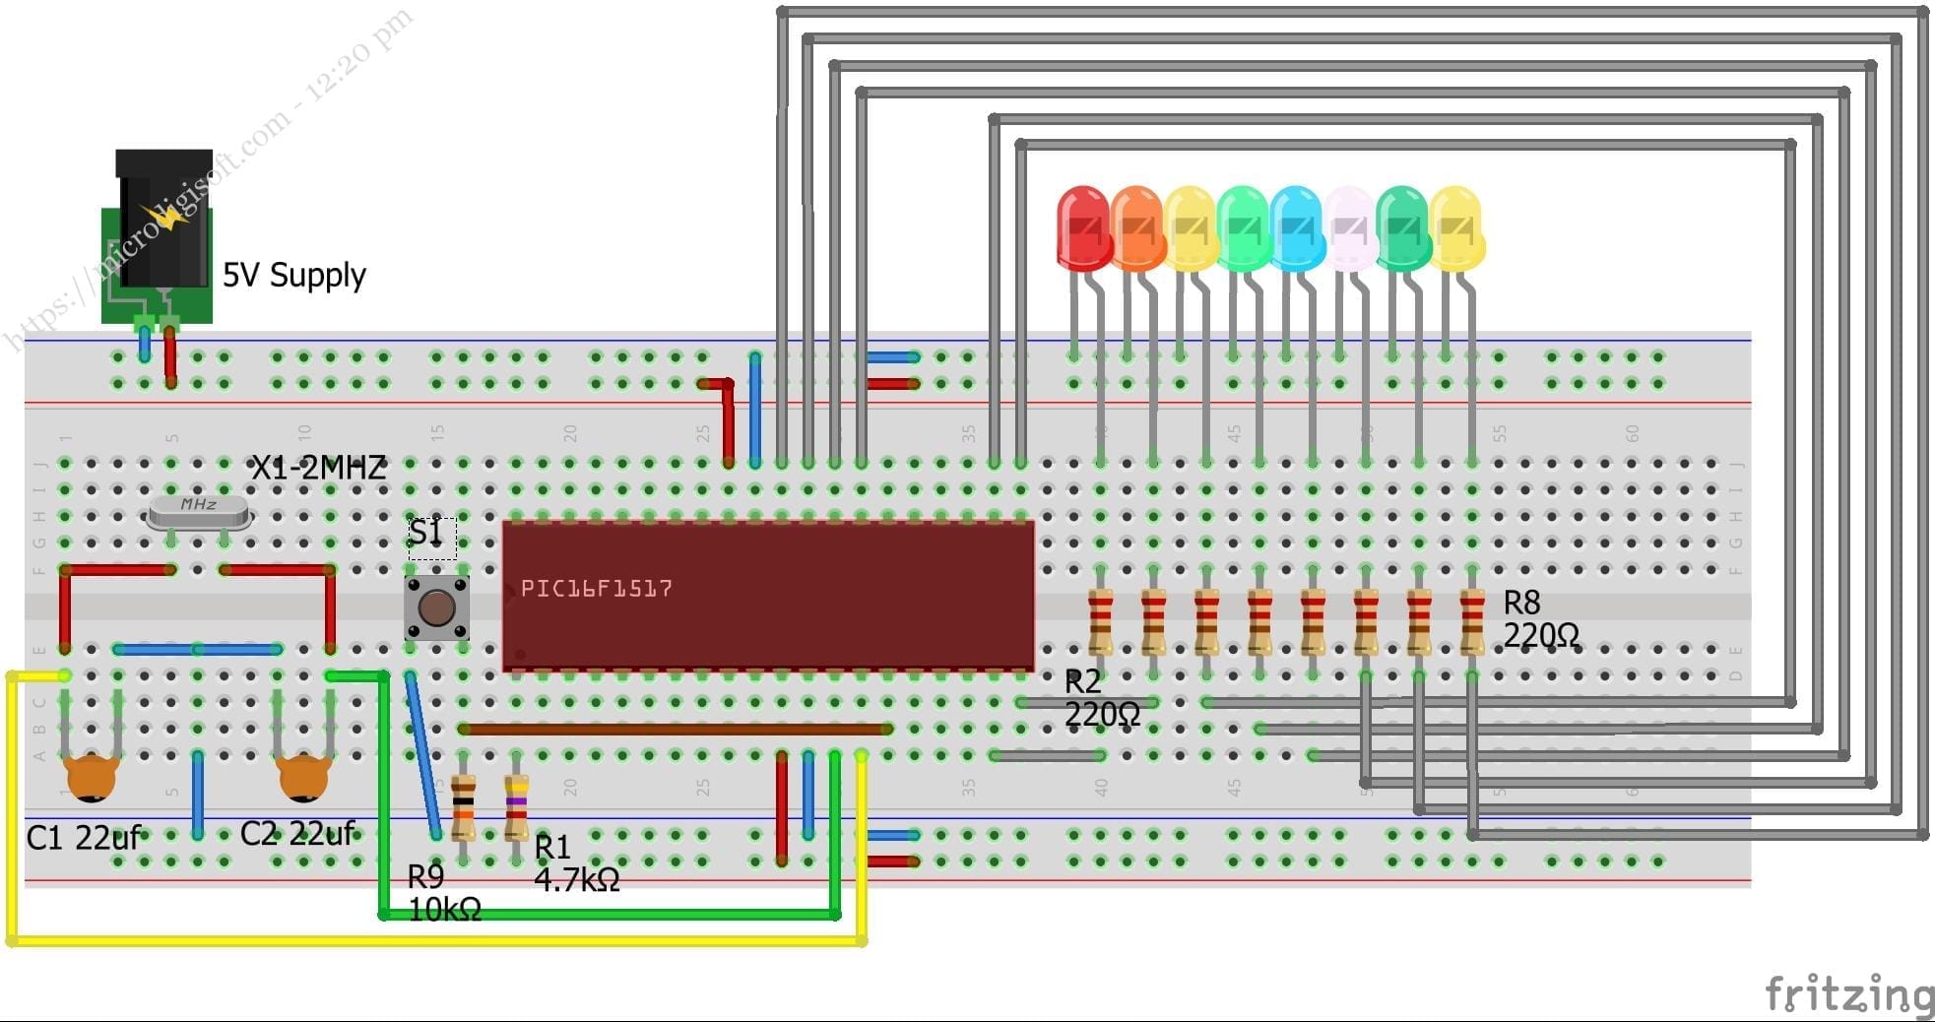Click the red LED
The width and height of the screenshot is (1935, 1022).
point(1083,228)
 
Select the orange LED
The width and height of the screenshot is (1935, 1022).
point(1136,228)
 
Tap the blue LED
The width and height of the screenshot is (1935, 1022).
point(1297,228)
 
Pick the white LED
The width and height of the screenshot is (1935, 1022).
point(1350,228)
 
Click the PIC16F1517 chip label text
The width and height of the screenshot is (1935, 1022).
point(596,589)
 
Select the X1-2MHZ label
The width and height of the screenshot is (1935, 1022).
point(318,468)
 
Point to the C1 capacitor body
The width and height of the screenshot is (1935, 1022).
point(92,776)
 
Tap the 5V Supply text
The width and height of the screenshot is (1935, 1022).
point(293,275)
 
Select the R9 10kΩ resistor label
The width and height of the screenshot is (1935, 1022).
point(443,893)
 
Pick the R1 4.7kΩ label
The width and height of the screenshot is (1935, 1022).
point(576,863)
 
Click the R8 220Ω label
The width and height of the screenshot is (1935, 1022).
point(1539,619)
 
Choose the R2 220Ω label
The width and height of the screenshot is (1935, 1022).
point(1101,697)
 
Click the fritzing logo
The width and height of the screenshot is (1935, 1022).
point(1848,994)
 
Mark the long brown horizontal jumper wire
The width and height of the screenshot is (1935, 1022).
point(676,730)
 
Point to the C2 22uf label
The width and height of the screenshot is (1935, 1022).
point(297,834)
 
